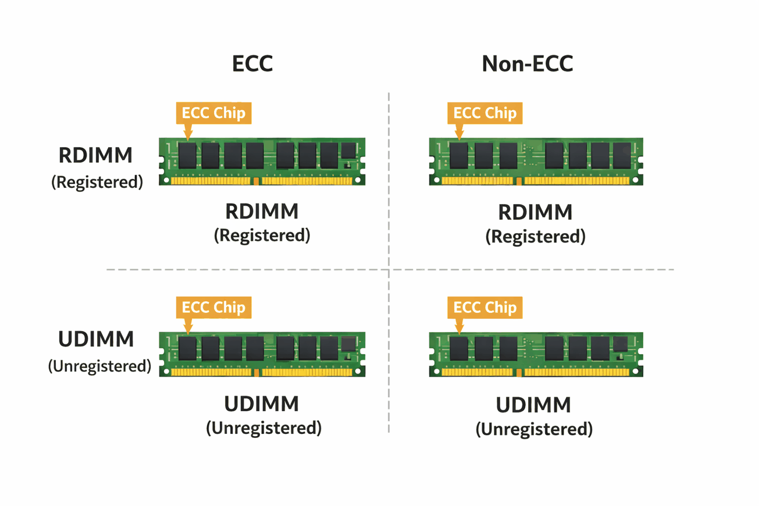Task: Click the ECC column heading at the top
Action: [x=252, y=63]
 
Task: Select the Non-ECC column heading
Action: [x=528, y=63]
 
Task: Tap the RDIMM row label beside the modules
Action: [x=95, y=156]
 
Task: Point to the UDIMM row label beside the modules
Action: [x=96, y=339]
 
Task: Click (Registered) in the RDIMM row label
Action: [x=97, y=182]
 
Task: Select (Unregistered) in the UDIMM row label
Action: [x=99, y=366]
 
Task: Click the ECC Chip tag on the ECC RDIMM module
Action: [x=213, y=112]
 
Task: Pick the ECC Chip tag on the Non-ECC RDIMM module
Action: [x=484, y=112]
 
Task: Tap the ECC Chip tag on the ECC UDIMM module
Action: [x=213, y=307]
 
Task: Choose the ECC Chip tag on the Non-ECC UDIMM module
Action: [x=484, y=307]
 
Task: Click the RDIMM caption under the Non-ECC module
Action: [x=535, y=212]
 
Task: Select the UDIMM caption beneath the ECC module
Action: [x=262, y=404]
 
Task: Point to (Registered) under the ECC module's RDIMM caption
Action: [x=262, y=236]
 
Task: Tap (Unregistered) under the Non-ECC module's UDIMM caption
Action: [x=534, y=429]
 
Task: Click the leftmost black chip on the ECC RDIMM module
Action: [x=187, y=156]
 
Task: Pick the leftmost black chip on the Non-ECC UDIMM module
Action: [x=459, y=348]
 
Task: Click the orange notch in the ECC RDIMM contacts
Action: [x=256, y=181]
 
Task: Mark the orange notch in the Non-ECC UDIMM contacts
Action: [x=519, y=372]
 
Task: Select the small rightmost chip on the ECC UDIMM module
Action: [x=348, y=343]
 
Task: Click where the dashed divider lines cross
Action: [x=389, y=270]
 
